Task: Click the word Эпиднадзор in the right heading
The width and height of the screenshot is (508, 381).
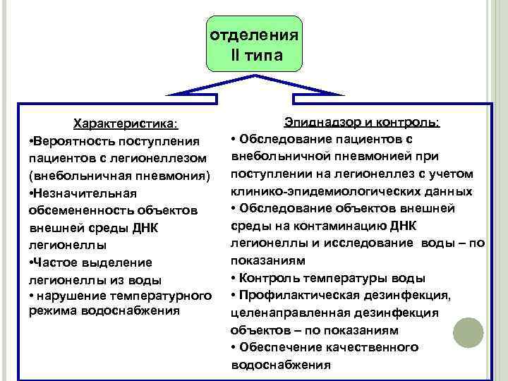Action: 322,122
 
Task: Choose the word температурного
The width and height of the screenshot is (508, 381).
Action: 155,294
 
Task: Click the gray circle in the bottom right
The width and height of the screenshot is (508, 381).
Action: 468,332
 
